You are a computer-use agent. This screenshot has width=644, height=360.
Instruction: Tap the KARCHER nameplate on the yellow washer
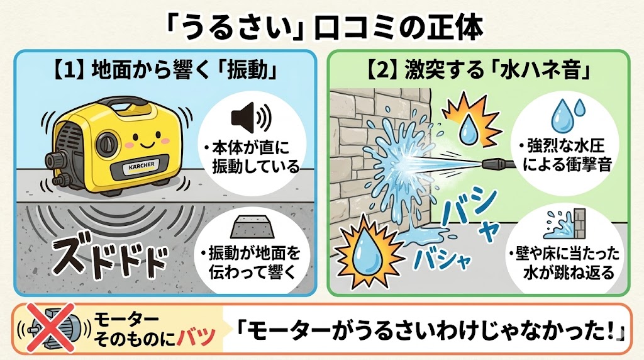click(x=142, y=166)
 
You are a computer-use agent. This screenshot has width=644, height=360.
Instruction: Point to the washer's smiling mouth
click(x=146, y=145)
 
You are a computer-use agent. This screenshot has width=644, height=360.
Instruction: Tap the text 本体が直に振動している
click(x=252, y=157)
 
